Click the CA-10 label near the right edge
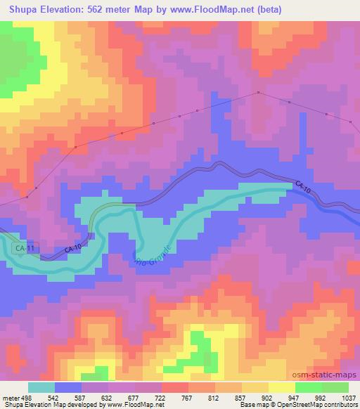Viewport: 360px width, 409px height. (x=303, y=188)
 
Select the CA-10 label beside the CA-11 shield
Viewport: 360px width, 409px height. (x=73, y=249)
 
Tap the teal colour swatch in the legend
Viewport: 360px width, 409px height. (x=41, y=388)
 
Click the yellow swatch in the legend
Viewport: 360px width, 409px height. (x=281, y=388)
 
